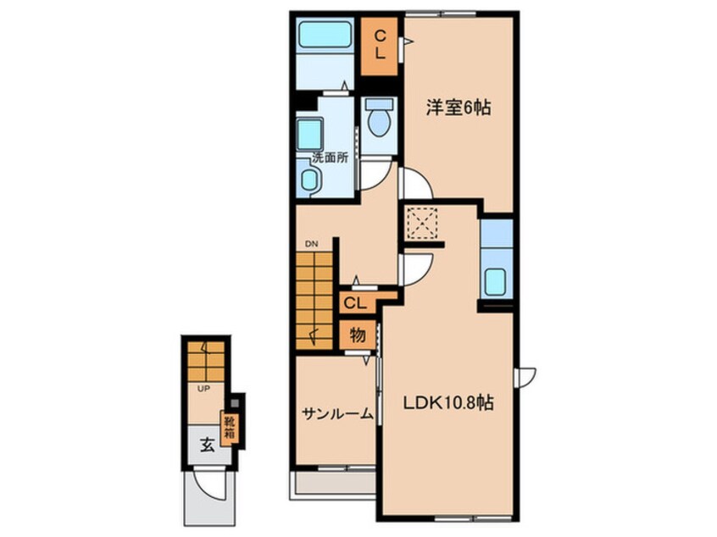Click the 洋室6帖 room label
(x=459, y=108)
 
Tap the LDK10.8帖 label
(x=447, y=403)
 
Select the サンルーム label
(x=337, y=414)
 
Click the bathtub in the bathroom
(x=325, y=35)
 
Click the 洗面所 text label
(x=331, y=158)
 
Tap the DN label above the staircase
(x=312, y=244)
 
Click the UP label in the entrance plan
(x=203, y=390)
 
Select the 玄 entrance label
(x=208, y=444)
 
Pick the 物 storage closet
(x=358, y=335)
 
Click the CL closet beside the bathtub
(x=379, y=46)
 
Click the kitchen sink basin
(x=496, y=281)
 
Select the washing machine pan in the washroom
(x=309, y=135)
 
